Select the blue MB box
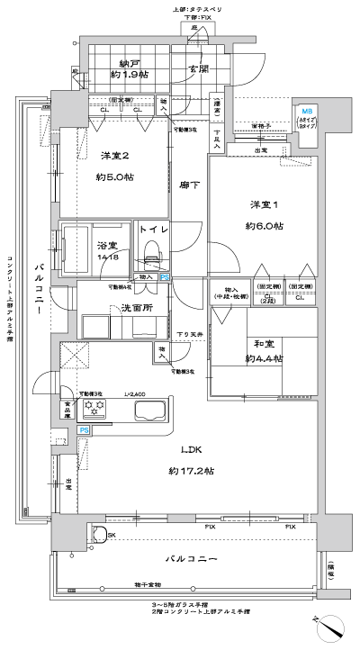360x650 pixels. [307, 109]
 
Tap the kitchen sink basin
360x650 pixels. [150, 411]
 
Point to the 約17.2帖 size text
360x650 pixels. [190, 471]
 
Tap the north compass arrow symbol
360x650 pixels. [332, 628]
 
